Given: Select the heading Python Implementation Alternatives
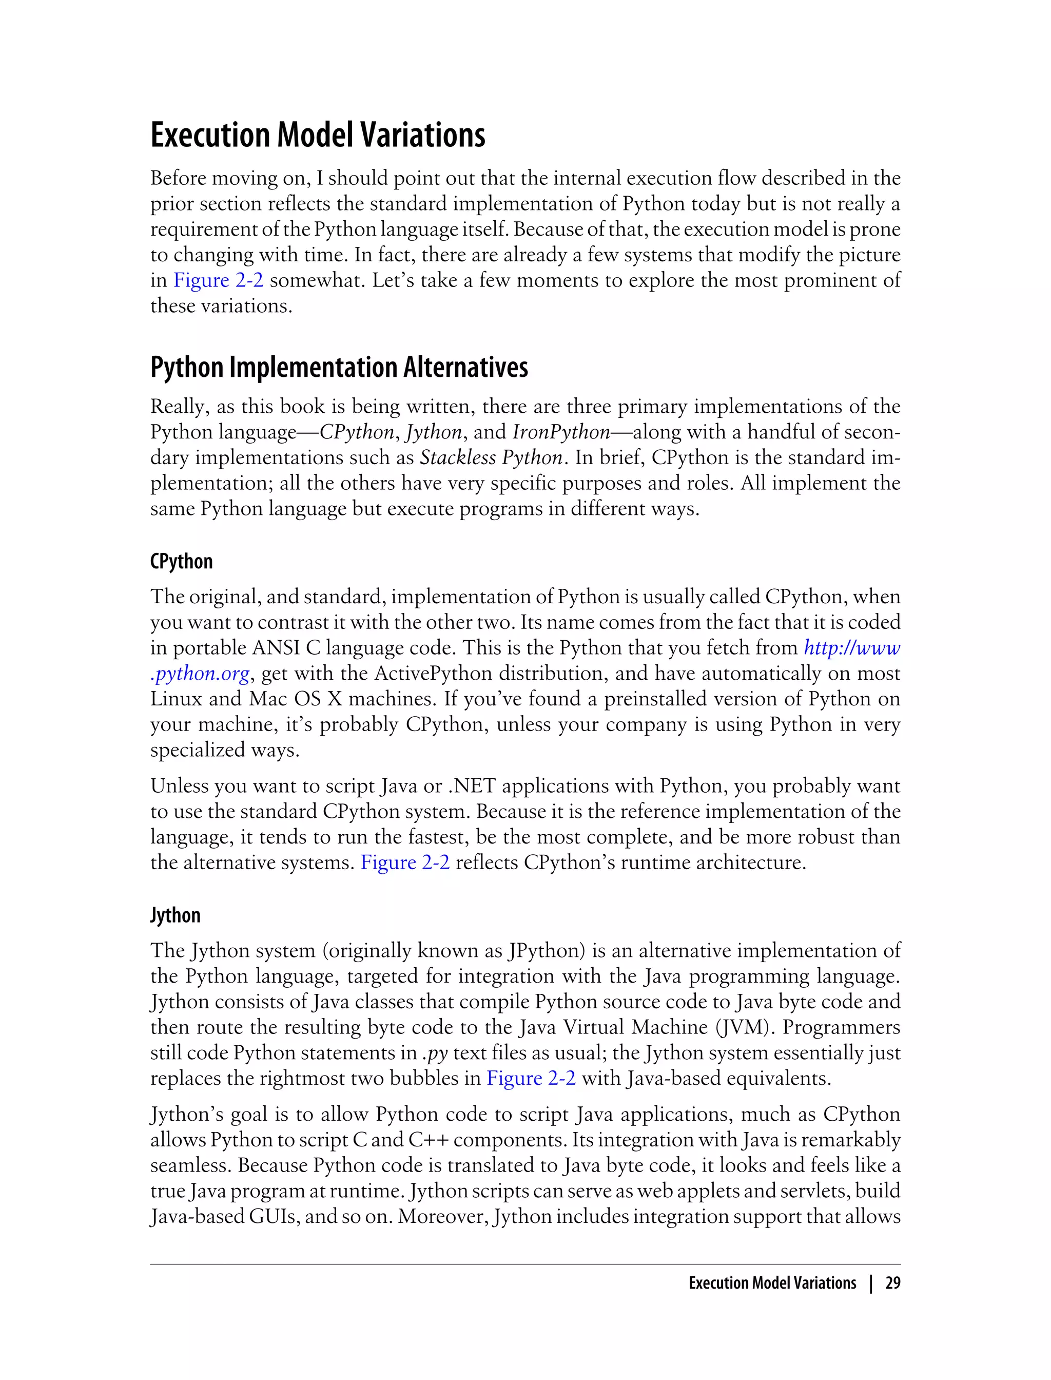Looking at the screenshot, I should pyautogui.click(x=339, y=368).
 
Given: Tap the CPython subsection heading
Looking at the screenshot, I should pyautogui.click(x=182, y=561).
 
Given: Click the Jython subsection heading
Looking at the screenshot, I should pyautogui.click(x=175, y=915).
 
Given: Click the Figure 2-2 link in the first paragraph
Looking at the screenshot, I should pyautogui.click(x=218, y=280).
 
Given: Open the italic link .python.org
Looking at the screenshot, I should pyautogui.click(x=200, y=674).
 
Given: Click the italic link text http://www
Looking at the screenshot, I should pyautogui.click(x=851, y=648).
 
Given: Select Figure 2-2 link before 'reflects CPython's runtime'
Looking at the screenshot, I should pyautogui.click(x=405, y=862).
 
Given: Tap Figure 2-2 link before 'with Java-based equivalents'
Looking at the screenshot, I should pyautogui.click(x=531, y=1078).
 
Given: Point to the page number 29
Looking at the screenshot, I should pyautogui.click(x=893, y=1283).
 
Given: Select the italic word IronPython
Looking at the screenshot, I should pyautogui.click(x=560, y=432).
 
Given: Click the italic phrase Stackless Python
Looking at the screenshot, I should pyautogui.click(x=491, y=457).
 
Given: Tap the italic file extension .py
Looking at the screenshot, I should pyautogui.click(x=435, y=1053).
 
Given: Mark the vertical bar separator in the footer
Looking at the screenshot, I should pyautogui.click(x=870, y=1283).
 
